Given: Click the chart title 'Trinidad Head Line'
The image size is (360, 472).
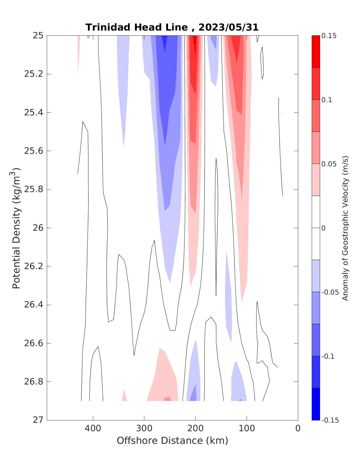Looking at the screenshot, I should tap(136, 27).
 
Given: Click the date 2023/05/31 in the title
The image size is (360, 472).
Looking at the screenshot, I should tap(228, 27).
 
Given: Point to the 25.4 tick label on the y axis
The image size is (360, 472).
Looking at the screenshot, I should tap(33, 113).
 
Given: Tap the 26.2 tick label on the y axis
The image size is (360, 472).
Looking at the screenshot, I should tap(33, 266).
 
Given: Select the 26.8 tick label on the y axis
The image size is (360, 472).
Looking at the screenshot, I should tap(33, 382).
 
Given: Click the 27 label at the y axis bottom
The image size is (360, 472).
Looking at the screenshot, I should tap(38, 420).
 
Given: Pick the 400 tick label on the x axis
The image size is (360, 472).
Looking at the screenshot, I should tap(93, 429).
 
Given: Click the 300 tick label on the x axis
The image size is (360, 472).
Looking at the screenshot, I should tap(144, 429).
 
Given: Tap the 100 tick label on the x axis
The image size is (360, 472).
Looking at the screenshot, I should tap(247, 429).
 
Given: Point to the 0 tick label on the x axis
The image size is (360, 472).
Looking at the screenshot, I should tap(298, 429).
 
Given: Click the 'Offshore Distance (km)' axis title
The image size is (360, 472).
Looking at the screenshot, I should tap(172, 441).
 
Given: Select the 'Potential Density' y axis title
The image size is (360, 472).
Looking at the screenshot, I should tap(16, 228).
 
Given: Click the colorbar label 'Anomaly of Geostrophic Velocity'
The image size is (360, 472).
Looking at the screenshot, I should tap(345, 228).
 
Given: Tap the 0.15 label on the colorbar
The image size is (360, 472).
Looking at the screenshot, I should tap(329, 36).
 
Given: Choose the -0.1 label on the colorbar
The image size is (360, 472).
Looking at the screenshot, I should tap(328, 356).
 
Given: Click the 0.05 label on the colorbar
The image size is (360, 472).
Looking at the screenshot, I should tap(329, 164).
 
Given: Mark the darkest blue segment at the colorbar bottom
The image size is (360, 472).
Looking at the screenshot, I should tap(316, 404).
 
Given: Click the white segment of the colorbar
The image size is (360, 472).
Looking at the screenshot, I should tap(316, 228).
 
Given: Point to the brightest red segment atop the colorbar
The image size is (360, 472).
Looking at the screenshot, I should tap(316, 52).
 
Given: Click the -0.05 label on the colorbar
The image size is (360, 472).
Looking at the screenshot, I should tap(329, 292).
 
